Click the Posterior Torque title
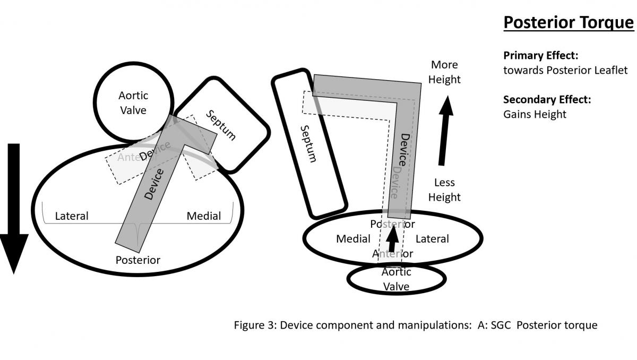pyautogui.click(x=568, y=23)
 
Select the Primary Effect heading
pyautogui.click(x=540, y=55)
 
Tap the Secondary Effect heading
pyautogui.click(x=547, y=99)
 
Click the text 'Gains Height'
pyautogui.click(x=535, y=114)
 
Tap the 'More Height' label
pyautogui.click(x=445, y=72)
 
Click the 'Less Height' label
pyautogui.click(x=444, y=190)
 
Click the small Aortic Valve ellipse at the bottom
pyautogui.click(x=397, y=279)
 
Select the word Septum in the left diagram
pyautogui.click(x=221, y=125)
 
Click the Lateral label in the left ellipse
pyautogui.click(x=72, y=216)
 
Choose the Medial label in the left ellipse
pyautogui.click(x=203, y=216)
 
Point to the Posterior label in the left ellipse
pyautogui.click(x=138, y=260)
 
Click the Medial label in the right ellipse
pyautogui.click(x=353, y=239)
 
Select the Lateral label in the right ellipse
pyautogui.click(x=432, y=239)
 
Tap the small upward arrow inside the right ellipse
pyautogui.click(x=393, y=239)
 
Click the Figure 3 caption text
pyautogui.click(x=416, y=325)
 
